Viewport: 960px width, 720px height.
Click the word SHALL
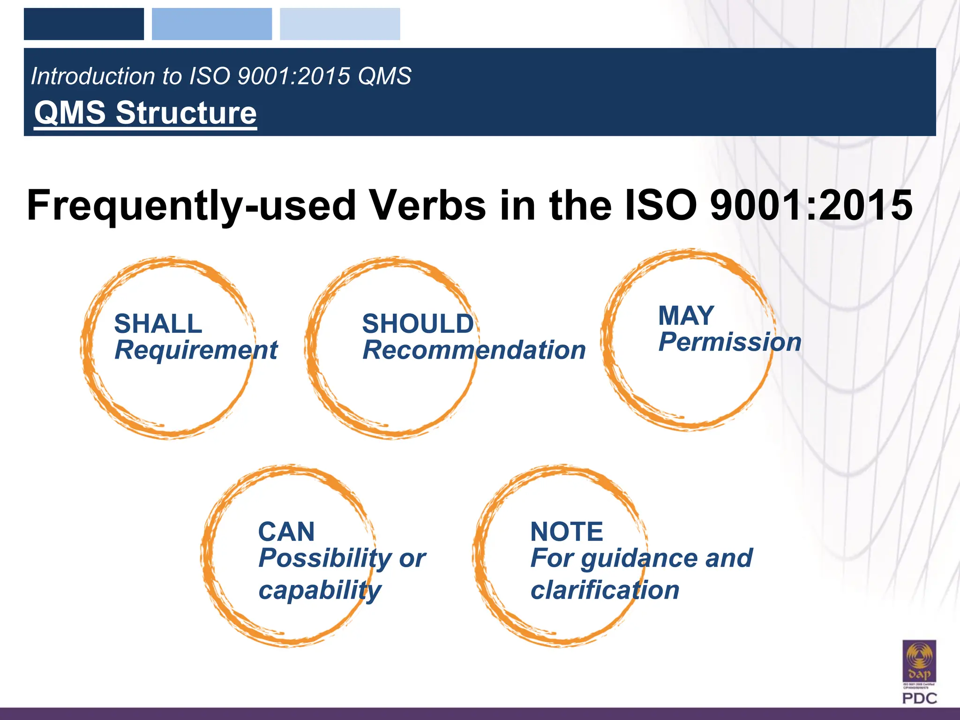tap(158, 324)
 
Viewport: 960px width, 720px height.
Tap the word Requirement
tap(196, 350)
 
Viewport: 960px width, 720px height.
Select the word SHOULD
tap(418, 324)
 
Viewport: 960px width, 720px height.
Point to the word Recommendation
tap(474, 350)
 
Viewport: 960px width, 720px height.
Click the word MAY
tap(686, 315)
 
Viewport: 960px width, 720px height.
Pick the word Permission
tap(729, 342)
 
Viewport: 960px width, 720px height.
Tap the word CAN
tap(286, 532)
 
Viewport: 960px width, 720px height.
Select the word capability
tap(320, 590)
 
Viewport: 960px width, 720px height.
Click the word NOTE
tap(566, 532)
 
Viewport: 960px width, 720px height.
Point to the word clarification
tap(605, 590)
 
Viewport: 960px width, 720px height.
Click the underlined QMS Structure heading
tap(145, 113)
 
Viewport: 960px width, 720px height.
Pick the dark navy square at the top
tap(84, 24)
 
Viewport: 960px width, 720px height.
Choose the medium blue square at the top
tap(212, 24)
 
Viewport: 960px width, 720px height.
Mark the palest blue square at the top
tap(340, 24)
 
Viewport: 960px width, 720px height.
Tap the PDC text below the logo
tap(919, 698)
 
